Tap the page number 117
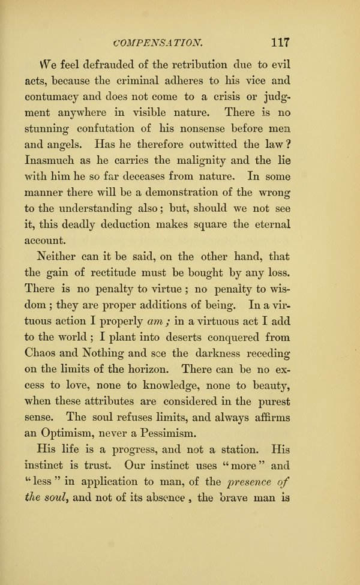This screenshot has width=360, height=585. [280, 43]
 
